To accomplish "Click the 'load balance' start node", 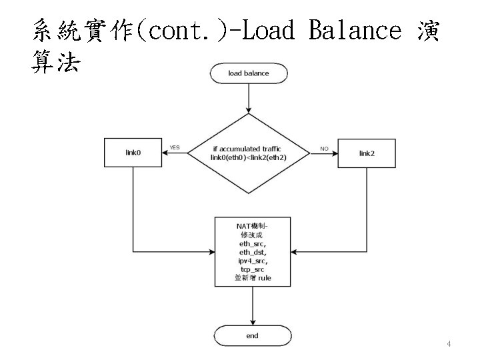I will [x=248, y=73].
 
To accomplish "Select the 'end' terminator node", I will [x=251, y=336].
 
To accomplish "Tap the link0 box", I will [x=133, y=153].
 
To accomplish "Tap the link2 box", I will [x=367, y=153].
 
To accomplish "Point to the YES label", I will [x=175, y=147].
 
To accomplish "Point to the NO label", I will [x=324, y=149].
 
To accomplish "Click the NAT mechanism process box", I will [x=253, y=251].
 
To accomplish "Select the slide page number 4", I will [x=449, y=344].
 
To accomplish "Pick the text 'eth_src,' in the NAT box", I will [x=253, y=244].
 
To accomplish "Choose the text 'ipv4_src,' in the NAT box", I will [x=253, y=261].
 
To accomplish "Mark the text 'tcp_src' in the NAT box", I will [x=253, y=269].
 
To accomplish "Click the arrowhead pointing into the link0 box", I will [x=166, y=153].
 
